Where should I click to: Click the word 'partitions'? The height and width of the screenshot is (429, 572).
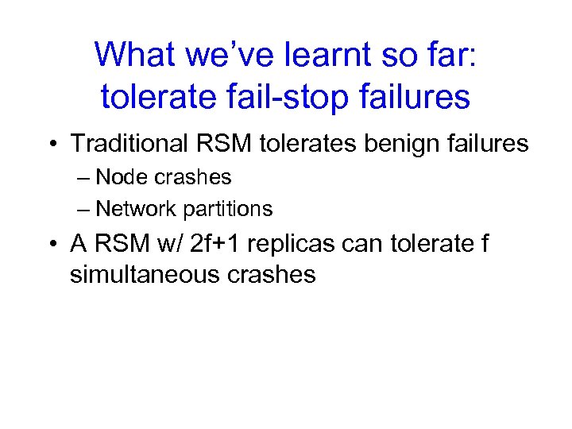coord(228,209)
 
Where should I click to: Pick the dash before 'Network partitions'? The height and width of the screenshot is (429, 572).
coord(83,210)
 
